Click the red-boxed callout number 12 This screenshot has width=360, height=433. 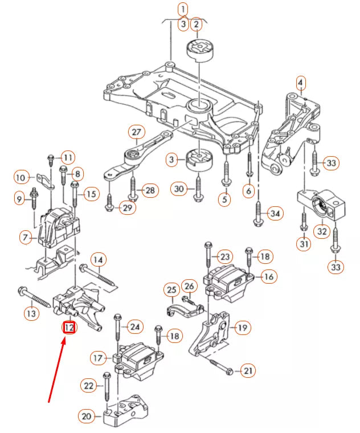coord(69,328)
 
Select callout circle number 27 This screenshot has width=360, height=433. coord(136,132)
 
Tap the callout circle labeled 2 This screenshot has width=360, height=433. coord(197,24)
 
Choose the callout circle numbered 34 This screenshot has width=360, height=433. coord(276,214)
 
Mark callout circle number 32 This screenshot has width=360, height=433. coord(322,231)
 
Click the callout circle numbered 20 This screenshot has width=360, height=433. coord(87,416)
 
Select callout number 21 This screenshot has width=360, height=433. coord(248,371)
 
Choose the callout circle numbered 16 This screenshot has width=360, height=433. coord(269,277)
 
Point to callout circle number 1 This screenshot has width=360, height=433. coord(182,9)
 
